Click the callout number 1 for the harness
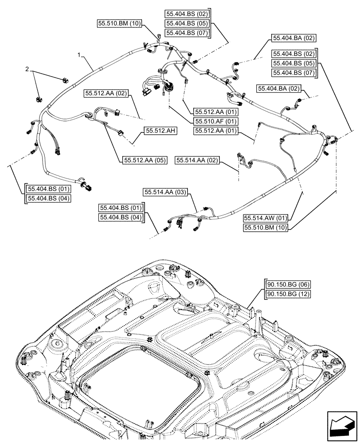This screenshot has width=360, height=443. (78, 55)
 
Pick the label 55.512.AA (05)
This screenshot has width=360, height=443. (143, 160)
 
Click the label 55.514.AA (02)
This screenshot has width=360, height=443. (197, 160)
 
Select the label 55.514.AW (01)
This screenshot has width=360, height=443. (265, 218)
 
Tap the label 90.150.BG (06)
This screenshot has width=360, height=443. (287, 284)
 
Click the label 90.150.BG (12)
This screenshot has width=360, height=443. (287, 294)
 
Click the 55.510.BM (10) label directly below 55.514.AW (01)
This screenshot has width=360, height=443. (265, 228)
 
